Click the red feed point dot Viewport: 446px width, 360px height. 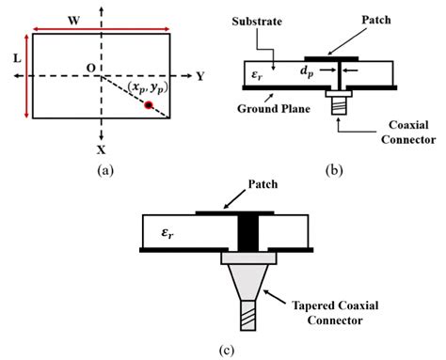[148, 105]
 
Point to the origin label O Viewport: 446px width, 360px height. [89, 68]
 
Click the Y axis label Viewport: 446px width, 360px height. [200, 76]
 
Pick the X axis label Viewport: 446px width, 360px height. [101, 149]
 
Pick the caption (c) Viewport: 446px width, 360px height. [224, 350]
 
